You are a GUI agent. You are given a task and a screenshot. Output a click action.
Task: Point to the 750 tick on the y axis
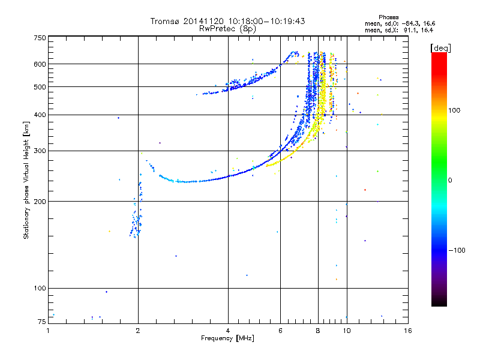tap(40, 38)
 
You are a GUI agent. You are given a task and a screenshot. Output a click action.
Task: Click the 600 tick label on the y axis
tap(40, 64)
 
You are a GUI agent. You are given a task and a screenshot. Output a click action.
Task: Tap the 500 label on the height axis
tap(40, 87)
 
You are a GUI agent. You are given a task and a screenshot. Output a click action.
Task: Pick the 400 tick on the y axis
tap(40, 115)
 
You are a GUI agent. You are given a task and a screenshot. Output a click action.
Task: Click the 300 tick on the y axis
tap(40, 151)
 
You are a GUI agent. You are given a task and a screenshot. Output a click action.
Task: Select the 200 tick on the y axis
tap(40, 202)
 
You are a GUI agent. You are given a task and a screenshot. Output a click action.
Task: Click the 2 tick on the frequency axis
tap(138, 331)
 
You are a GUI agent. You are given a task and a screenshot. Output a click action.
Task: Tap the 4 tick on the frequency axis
tap(228, 331)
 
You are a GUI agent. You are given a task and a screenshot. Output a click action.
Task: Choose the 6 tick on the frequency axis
tap(281, 331)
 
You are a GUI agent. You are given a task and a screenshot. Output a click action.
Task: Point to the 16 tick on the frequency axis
tap(407, 331)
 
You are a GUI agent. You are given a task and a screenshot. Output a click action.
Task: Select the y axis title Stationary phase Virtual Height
tap(26, 180)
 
